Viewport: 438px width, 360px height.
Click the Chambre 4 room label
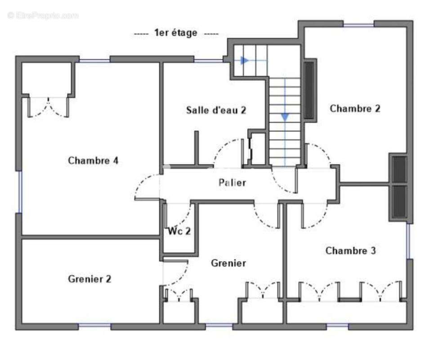pyautogui.click(x=93, y=161)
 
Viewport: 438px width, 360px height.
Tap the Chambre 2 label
pyautogui.click(x=355, y=108)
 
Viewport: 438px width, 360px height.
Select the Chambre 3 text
pyautogui.click(x=350, y=251)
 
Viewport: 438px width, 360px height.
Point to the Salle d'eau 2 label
pyautogui.click(x=216, y=110)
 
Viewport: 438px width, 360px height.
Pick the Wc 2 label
pyautogui.click(x=179, y=232)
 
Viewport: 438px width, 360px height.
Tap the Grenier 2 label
pyautogui.click(x=89, y=279)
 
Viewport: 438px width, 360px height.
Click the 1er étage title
pyautogui.click(x=176, y=33)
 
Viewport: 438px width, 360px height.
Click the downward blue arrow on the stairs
pyautogui.click(x=285, y=117)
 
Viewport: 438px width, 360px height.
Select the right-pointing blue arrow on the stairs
pyautogui.click(x=245, y=60)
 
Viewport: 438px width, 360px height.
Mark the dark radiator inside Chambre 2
pyautogui.click(x=309, y=90)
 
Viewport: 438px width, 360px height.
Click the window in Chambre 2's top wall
pyautogui.click(x=358, y=24)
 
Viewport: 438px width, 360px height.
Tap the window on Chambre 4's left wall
pyautogui.click(x=19, y=192)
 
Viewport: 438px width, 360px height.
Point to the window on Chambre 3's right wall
pyautogui.click(x=409, y=241)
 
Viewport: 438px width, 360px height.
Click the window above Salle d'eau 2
pyautogui.click(x=209, y=60)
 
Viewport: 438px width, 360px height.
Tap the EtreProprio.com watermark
pyautogui.click(x=43, y=15)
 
